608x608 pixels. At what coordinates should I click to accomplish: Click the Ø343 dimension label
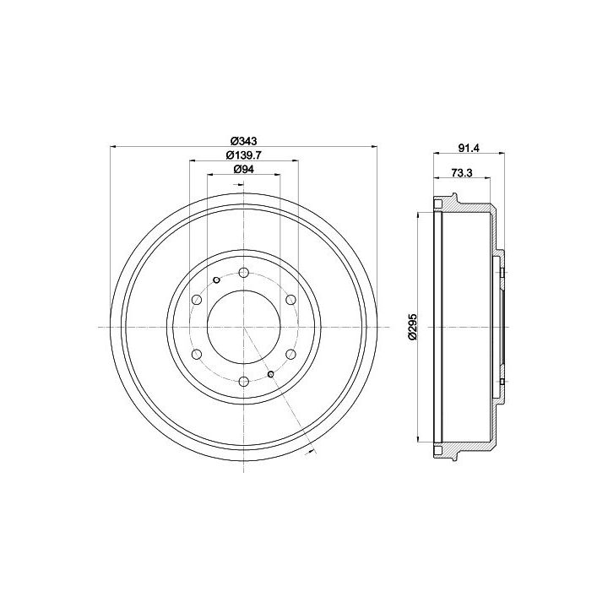243,140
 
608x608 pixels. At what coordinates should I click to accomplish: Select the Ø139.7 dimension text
244,155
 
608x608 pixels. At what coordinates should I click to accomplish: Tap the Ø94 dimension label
243,169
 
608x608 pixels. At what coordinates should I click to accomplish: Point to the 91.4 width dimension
470,148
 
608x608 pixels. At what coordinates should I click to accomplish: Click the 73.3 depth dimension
462,172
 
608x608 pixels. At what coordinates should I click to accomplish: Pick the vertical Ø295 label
412,327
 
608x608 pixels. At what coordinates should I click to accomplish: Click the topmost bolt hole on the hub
243,272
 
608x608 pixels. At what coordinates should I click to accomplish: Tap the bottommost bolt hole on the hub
243,382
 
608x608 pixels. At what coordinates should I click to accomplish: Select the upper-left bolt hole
197,299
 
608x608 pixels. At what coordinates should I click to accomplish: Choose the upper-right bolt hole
290,299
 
